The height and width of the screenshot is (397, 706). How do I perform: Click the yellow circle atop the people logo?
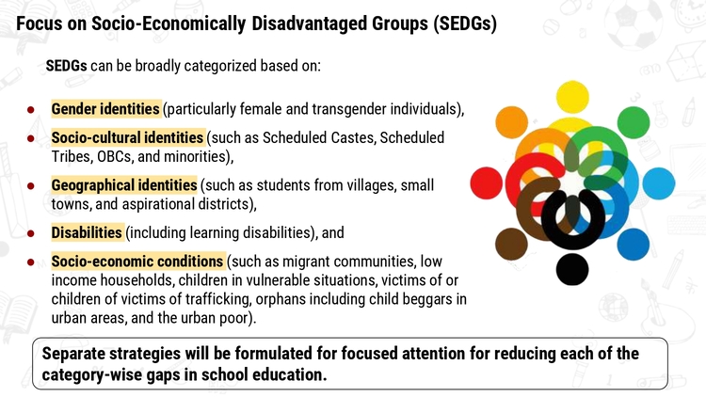point(572,97)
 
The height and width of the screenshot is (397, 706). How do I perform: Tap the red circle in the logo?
point(487,183)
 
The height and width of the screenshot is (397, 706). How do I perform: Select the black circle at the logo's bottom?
point(572,270)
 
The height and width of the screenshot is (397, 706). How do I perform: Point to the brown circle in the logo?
point(511,244)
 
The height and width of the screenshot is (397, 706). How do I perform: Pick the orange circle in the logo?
point(511,122)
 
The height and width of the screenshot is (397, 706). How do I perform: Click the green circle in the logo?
point(634,122)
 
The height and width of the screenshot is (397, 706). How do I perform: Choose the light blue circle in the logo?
point(659,183)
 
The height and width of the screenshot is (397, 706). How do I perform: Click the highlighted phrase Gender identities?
point(105,109)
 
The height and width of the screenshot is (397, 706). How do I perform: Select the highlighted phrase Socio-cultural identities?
point(127,137)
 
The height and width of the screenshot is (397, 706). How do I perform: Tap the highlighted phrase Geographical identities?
point(124,185)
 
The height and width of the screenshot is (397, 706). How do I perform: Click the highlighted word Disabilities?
point(87,232)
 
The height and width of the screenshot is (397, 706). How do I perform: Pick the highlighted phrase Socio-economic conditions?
point(137,262)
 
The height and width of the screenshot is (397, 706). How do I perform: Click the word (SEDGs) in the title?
point(466,24)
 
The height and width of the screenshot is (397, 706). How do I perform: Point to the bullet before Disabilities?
point(31,233)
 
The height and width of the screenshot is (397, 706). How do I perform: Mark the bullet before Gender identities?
point(31,109)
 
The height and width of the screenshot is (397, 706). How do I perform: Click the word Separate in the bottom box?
point(72,354)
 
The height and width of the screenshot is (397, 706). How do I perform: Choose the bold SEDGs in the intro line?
point(66,66)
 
